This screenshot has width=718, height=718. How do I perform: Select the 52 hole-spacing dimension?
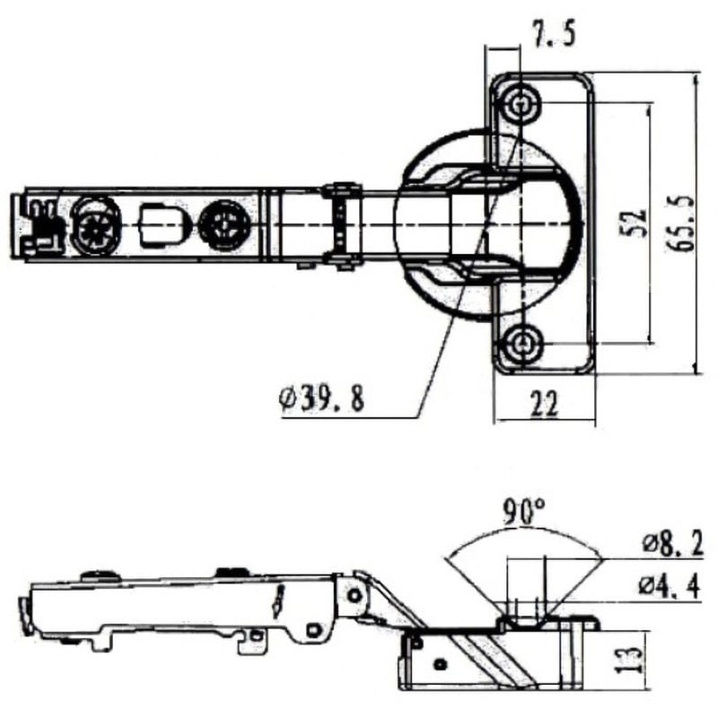[x=635, y=223]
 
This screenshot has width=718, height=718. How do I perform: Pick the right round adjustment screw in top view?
[x=223, y=224]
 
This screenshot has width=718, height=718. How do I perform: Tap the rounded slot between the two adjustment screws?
[x=159, y=220]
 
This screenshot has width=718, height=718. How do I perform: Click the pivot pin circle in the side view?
[x=356, y=594]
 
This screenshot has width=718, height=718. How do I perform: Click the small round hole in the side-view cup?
[x=441, y=664]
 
